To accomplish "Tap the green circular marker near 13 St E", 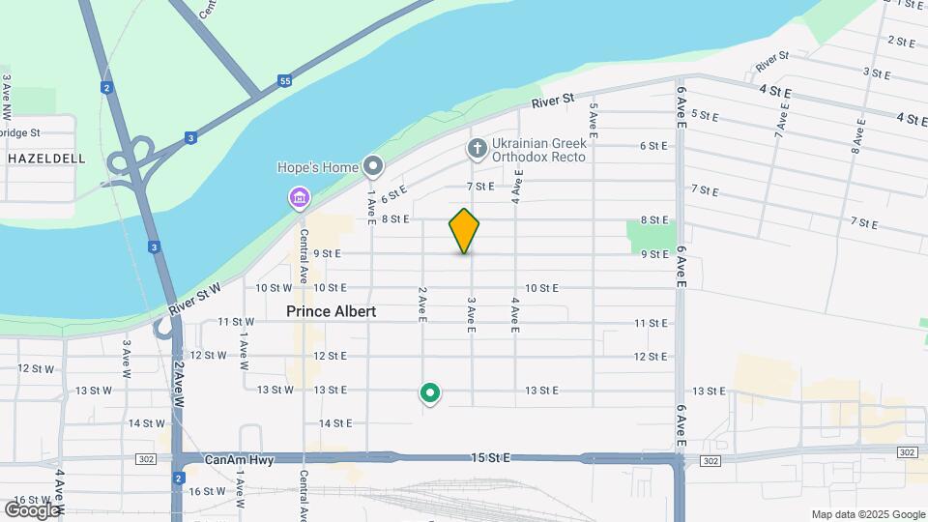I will [430, 393].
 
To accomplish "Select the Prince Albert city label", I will [331, 312].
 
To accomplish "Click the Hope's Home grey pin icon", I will [373, 167].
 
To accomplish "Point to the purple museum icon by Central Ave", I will [300, 199].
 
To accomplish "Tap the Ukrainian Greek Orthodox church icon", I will [476, 148].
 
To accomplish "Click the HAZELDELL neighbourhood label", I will [46, 158].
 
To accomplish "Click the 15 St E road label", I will [489, 457].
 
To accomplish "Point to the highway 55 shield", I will [284, 81].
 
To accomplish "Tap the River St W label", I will [194, 299].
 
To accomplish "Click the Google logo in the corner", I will [31, 509].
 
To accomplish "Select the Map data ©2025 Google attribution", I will [867, 514].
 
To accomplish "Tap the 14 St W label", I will [147, 423].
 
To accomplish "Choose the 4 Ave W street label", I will [60, 488].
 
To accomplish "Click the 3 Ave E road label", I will [472, 316].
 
